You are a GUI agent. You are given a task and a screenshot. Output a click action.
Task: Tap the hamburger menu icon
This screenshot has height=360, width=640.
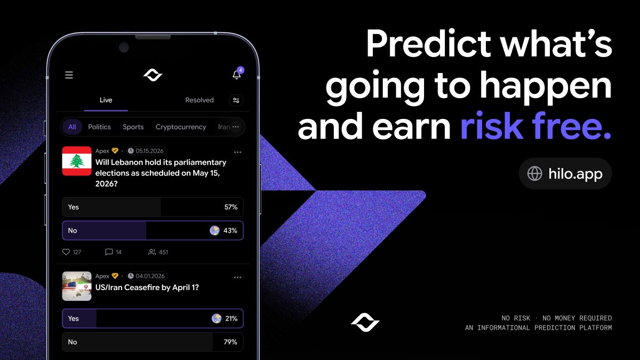[69, 75]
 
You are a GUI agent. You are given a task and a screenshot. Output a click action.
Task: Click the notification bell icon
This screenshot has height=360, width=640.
[237, 75]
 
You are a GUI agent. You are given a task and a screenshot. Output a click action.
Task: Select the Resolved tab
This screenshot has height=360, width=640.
[199, 100]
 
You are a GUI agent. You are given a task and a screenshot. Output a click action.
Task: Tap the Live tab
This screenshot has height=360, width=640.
[106, 100]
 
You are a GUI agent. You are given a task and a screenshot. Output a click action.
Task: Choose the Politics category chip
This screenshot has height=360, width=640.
[99, 127]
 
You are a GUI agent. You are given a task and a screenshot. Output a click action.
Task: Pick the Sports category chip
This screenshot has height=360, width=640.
[133, 127]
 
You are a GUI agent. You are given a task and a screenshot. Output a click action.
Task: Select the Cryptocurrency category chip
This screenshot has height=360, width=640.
[180, 127]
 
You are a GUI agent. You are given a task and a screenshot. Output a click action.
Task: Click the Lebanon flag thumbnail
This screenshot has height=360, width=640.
[77, 161]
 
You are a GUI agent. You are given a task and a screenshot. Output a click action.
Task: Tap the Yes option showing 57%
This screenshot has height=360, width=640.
[153, 207]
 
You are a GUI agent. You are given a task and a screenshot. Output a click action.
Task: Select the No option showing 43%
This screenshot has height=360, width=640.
[153, 230]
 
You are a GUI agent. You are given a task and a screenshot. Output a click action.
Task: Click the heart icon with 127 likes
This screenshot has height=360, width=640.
[66, 252]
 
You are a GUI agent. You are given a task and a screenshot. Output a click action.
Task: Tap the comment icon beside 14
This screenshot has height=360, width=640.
[109, 252]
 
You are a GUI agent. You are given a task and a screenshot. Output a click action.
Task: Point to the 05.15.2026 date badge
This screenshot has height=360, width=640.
[147, 151]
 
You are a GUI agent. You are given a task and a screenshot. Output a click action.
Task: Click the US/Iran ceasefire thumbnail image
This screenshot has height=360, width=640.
[77, 286]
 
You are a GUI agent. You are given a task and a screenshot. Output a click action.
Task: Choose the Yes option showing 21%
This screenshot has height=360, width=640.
[153, 318]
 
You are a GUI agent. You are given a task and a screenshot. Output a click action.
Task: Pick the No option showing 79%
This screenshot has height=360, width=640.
[153, 342]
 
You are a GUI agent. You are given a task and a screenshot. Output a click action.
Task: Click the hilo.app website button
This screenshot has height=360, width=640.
[565, 173]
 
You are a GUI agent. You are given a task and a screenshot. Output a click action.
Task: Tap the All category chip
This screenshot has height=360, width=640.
[72, 127]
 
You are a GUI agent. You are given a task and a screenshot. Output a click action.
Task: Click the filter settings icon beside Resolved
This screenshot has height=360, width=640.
[236, 100]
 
